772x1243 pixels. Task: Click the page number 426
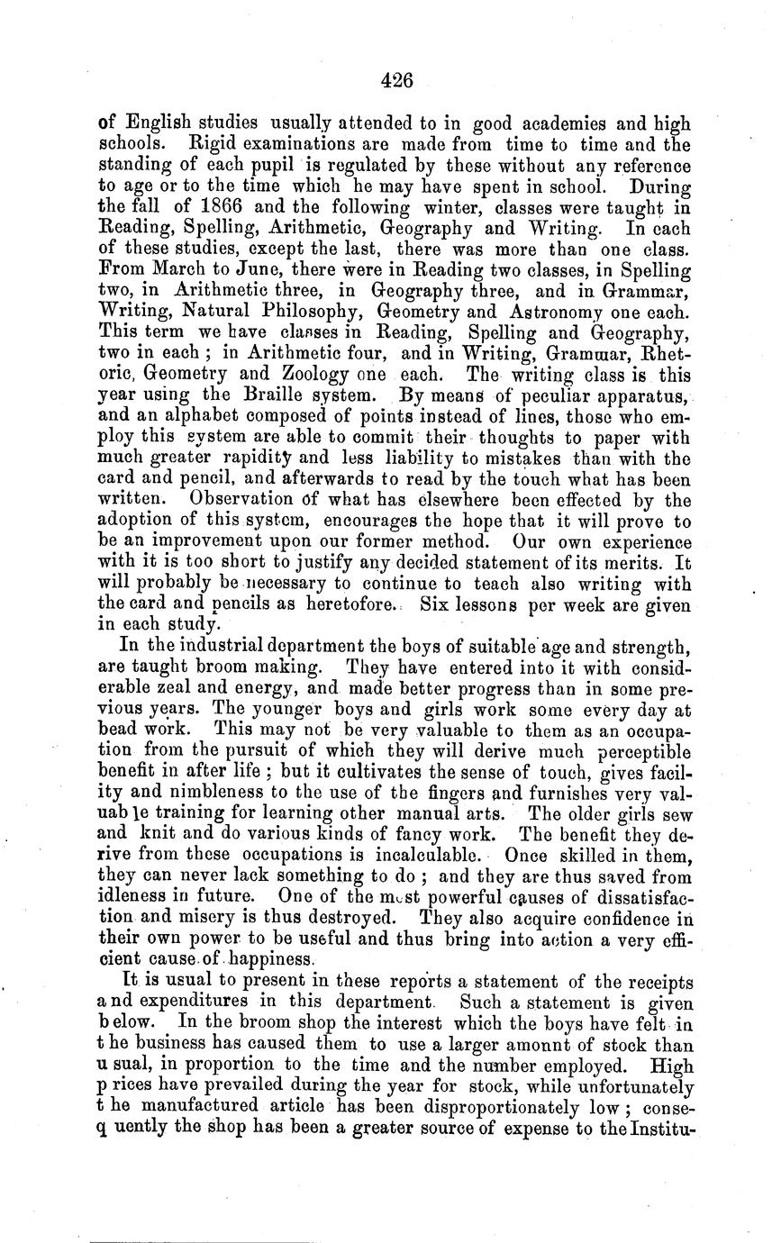coord(395,80)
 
